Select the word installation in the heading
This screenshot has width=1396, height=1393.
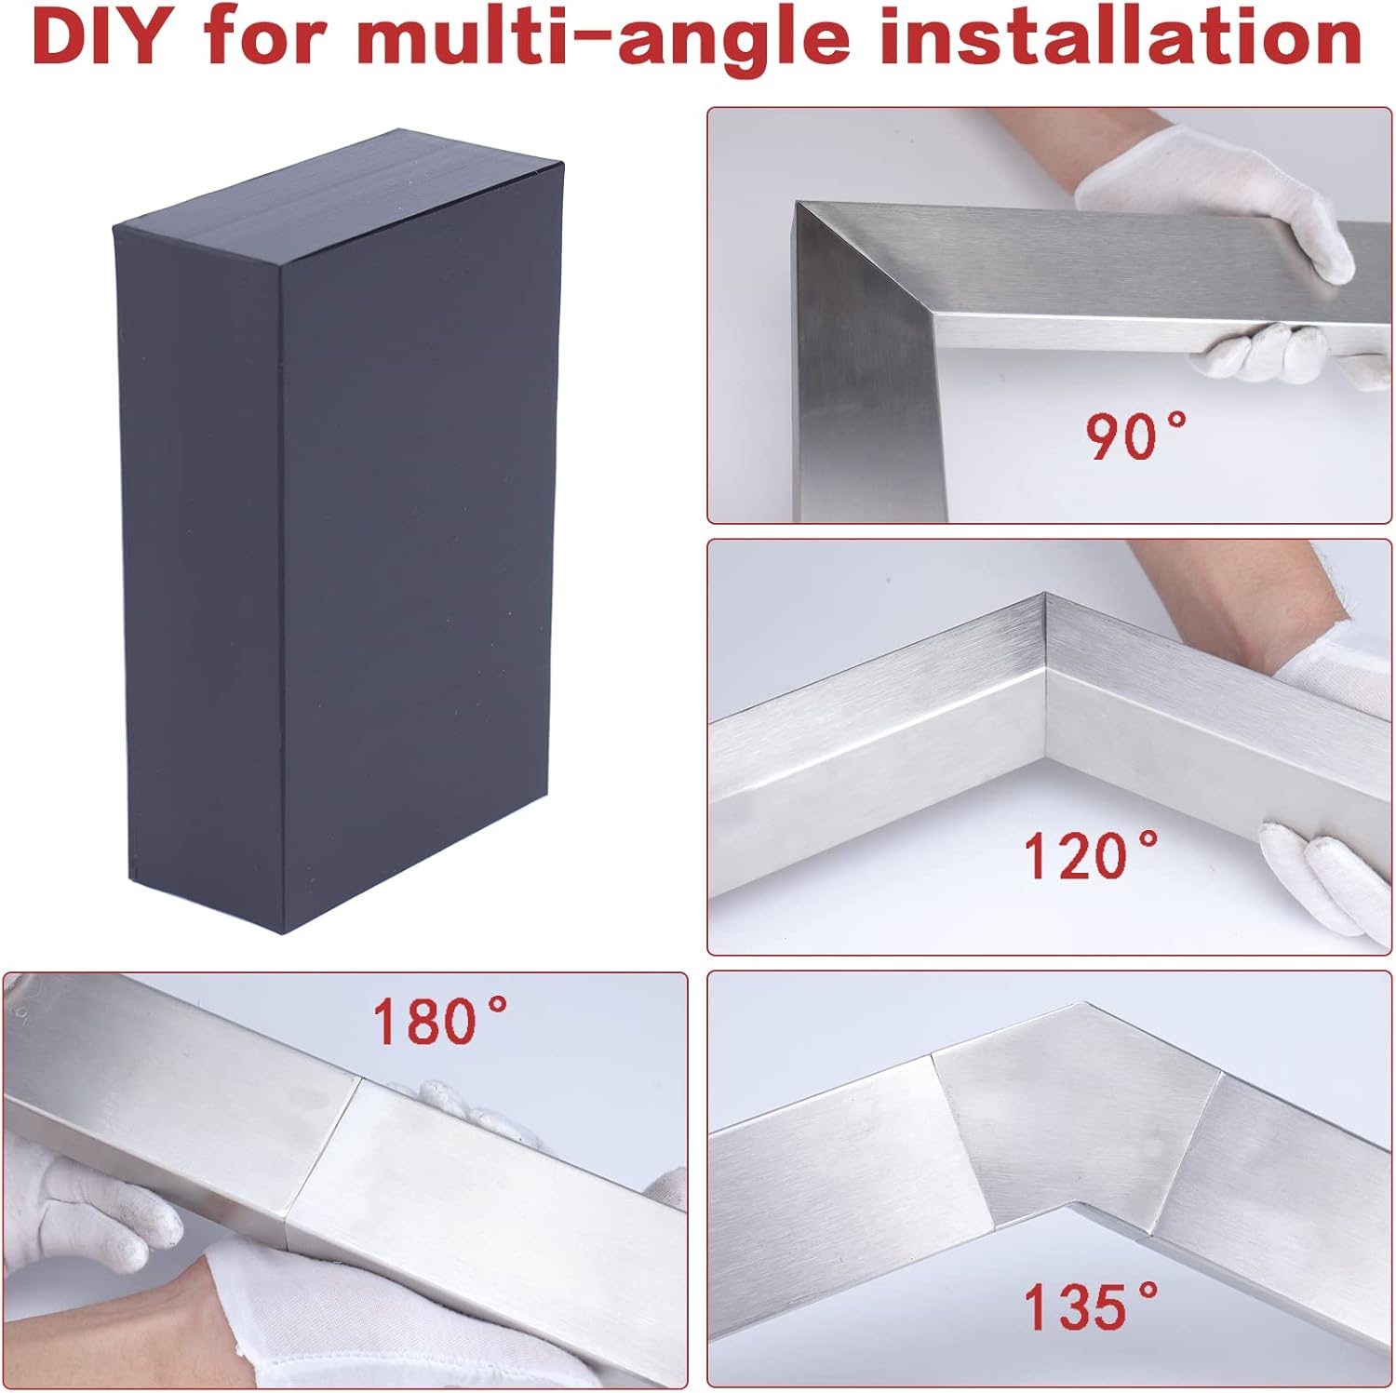(1121, 37)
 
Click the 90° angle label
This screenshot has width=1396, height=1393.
(1136, 435)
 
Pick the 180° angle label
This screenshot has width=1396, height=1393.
(440, 1021)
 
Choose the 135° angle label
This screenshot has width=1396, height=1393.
(1091, 1306)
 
